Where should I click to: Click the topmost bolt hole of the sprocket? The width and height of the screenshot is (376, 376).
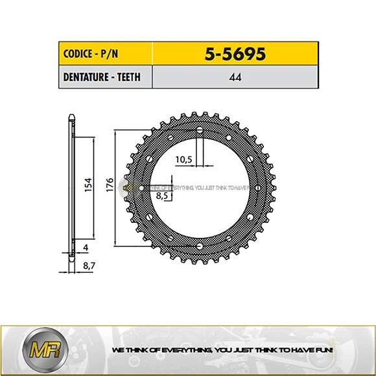199,133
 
